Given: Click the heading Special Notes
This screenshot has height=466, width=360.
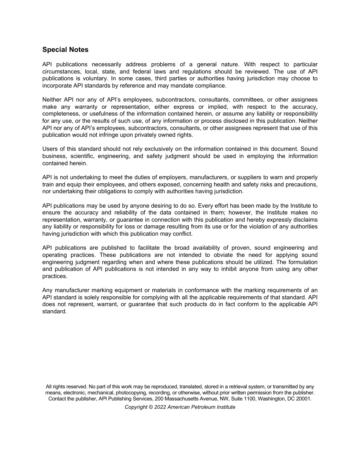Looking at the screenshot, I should (x=65, y=50).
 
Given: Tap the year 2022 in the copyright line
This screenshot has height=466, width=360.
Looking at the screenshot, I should (x=159, y=407).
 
